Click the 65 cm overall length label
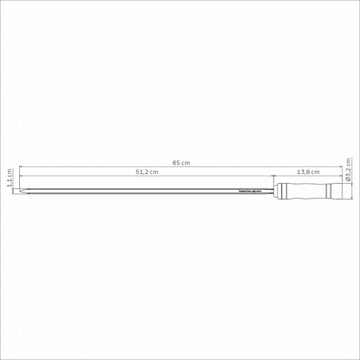pyautogui.click(x=181, y=163)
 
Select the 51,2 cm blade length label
pyautogui.click(x=146, y=172)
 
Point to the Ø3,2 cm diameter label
pyautogui.click(x=349, y=171)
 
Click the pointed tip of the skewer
pyautogui.click(x=21, y=191)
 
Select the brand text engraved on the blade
pyautogui.click(x=246, y=191)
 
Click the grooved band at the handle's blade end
pyautogui.click(x=282, y=191)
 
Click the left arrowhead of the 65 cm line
pyautogui.click(x=22, y=167)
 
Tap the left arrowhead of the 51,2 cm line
pyautogui.click(x=22, y=176)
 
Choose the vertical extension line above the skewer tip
pyautogui.click(x=19, y=177)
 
